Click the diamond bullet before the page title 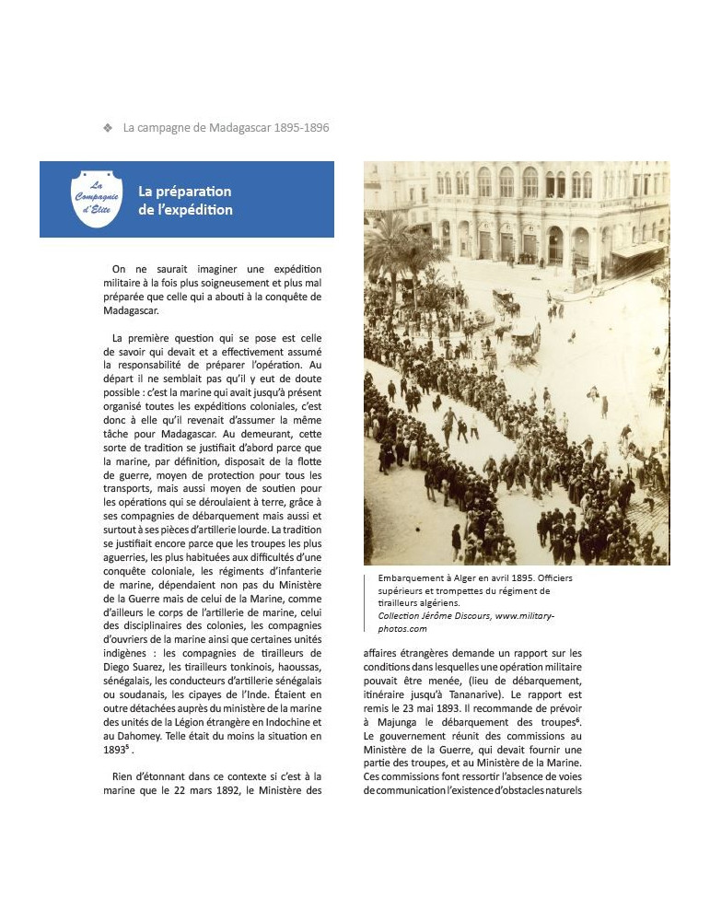pyautogui.click(x=109, y=128)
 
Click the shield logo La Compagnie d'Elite pyautogui.click(x=97, y=197)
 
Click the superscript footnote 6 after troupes pyautogui.click(x=577, y=719)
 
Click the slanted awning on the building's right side pyautogui.click(x=637, y=251)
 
